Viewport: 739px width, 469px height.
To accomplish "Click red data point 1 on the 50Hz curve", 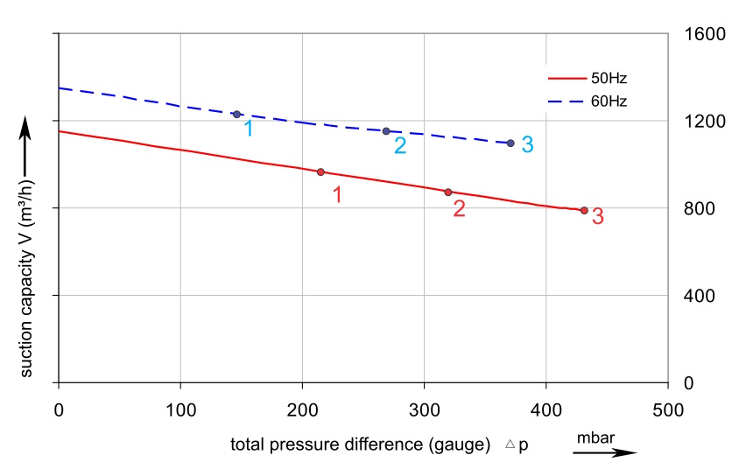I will coord(320,171).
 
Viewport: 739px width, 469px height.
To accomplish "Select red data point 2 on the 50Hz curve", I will coord(448,192).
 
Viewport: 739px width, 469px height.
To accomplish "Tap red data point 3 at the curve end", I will coord(584,210).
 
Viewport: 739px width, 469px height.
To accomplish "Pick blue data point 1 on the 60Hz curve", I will coord(236,115).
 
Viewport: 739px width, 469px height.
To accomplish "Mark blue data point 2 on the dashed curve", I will coord(386,131).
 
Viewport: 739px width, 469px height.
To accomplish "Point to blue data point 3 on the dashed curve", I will coord(510,143).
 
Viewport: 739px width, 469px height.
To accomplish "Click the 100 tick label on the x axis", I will coord(180,408).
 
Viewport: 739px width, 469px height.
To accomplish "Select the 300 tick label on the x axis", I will coord(424,408).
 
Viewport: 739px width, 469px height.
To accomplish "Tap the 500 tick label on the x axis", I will coord(668,408).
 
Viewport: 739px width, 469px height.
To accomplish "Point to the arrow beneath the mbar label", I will coord(605,452).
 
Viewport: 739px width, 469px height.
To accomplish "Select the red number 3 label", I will coord(598,217).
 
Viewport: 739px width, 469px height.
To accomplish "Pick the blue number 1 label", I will coord(250,129).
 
